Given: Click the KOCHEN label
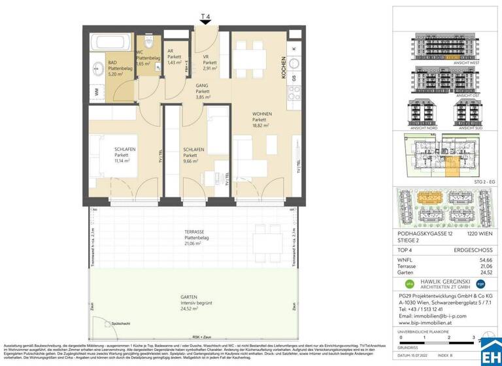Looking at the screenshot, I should click(284, 67).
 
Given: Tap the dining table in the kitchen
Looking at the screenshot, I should click(253, 60).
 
